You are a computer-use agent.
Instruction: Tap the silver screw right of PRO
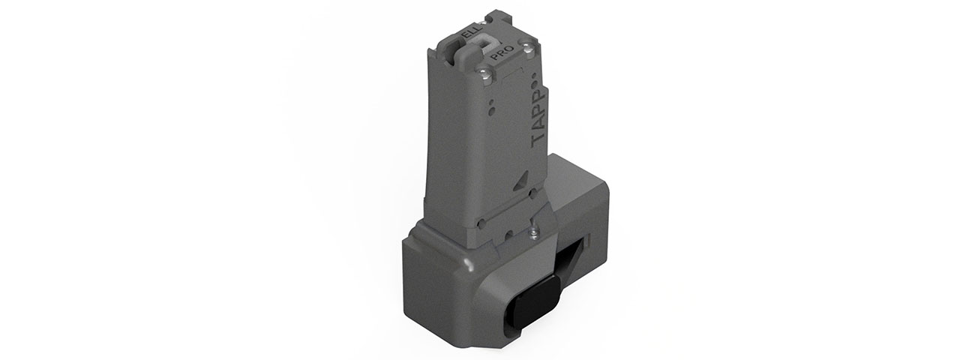[x=531, y=49]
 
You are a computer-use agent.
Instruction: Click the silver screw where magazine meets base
[x=533, y=233]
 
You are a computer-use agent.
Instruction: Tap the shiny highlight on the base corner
[x=468, y=265]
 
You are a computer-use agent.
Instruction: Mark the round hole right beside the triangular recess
[x=532, y=193]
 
